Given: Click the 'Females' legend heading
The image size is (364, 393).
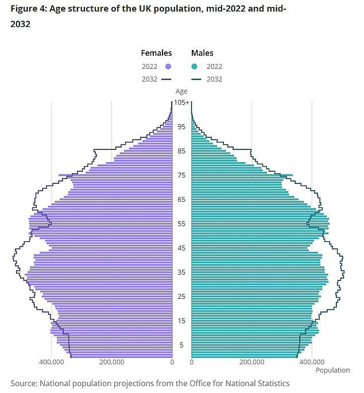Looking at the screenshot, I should [x=156, y=53].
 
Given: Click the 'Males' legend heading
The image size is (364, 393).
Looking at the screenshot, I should [x=202, y=53].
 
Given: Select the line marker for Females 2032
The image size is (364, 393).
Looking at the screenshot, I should [x=167, y=79].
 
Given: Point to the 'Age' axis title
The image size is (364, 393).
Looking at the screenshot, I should [x=181, y=91].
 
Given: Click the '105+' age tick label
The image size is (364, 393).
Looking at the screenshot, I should [x=182, y=102].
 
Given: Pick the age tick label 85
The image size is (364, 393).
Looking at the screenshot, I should [x=181, y=151].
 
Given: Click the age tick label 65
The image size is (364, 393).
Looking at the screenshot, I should [x=181, y=199].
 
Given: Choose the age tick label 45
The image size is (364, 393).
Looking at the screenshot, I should [x=181, y=248].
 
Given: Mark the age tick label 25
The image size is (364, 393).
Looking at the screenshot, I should [x=181, y=296].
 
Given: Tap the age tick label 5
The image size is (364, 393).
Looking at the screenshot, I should [x=181, y=345].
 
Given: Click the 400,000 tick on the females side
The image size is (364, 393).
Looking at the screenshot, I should [x=52, y=363].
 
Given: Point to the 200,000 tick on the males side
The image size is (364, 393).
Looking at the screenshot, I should [x=251, y=363].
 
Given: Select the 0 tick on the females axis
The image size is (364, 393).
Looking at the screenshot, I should [x=172, y=363].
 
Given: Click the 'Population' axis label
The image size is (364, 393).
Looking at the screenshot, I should [x=332, y=371].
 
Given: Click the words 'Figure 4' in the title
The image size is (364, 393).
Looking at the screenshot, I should [x=28, y=9].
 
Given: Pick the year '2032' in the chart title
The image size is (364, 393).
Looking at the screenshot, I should [x=20, y=24].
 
